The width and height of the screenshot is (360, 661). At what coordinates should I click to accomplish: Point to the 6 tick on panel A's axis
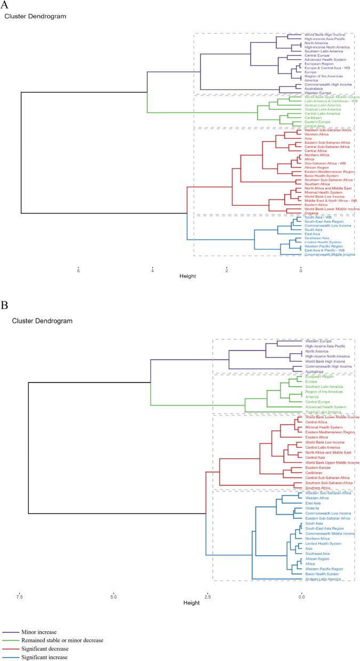pos(78,270)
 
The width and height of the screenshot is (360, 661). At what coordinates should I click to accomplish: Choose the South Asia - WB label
pos(316,217)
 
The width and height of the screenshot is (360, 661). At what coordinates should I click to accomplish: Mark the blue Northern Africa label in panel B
pos(318,539)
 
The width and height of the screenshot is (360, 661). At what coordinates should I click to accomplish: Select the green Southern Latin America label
pos(324,386)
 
